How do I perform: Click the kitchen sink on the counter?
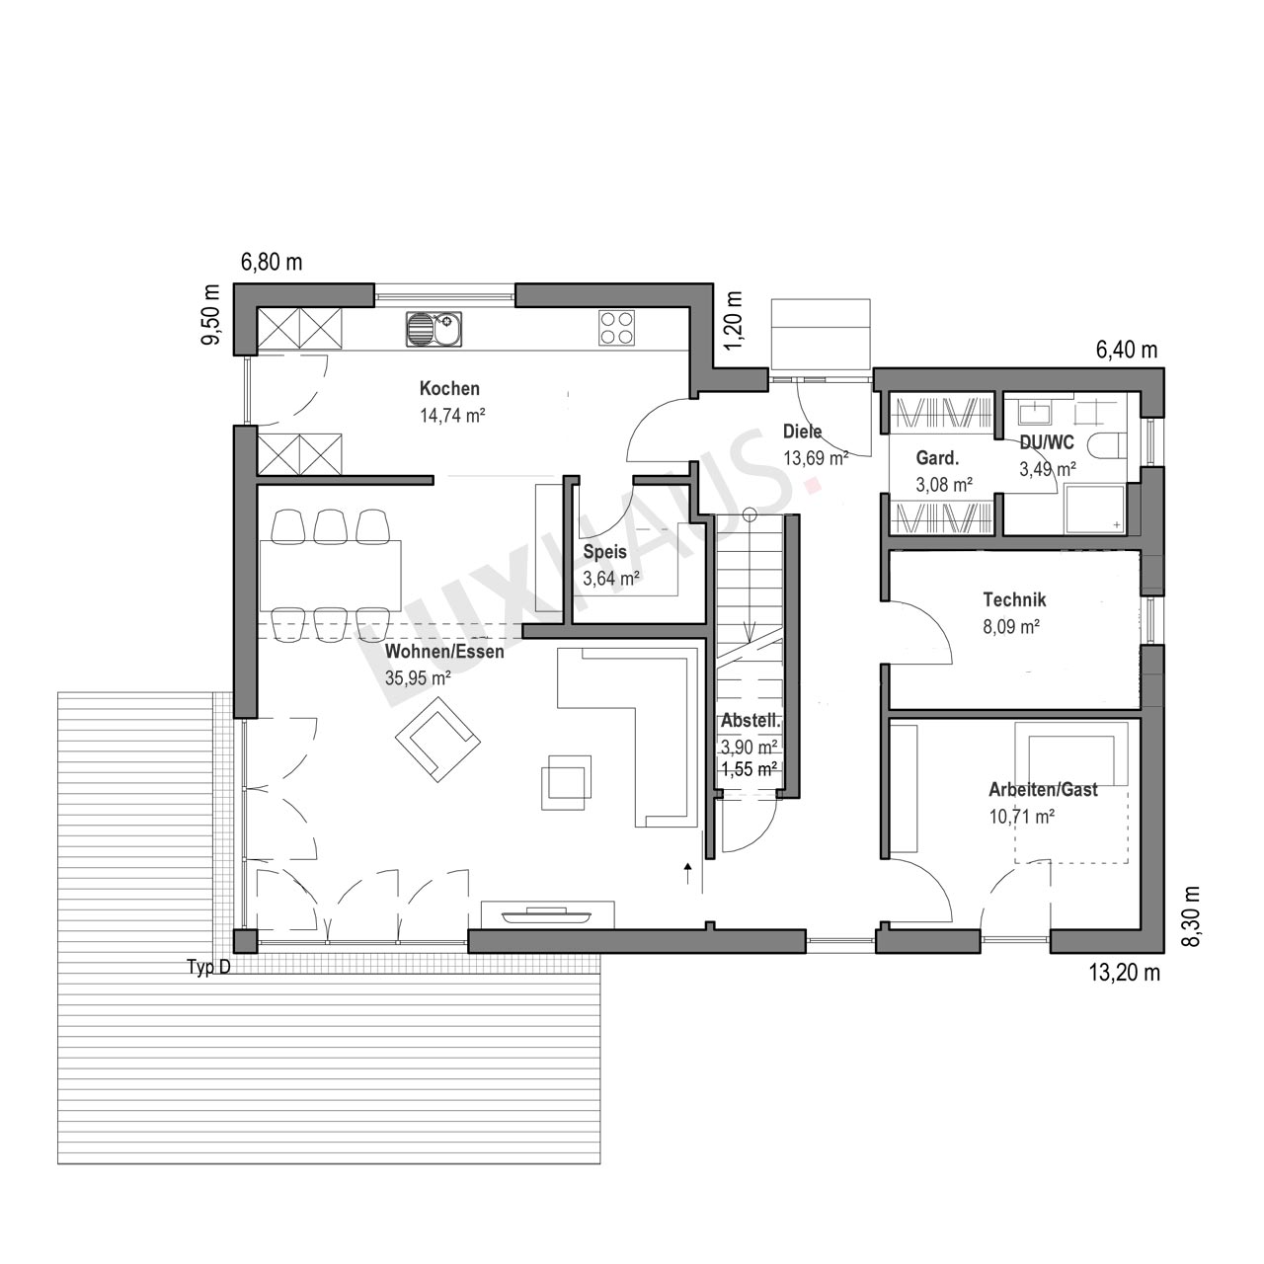pos(434,329)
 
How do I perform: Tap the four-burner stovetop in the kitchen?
pos(616,328)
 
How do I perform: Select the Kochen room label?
pos(449,388)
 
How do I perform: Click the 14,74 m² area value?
pos(452,415)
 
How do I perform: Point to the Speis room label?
pos(604,552)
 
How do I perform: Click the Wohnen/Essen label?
pos(444,652)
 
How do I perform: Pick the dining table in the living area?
pos(331,576)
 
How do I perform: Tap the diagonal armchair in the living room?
pos(437,740)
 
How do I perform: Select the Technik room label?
pos(1014,599)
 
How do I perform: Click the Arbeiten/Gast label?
pos(1043,790)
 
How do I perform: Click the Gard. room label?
pos(937,458)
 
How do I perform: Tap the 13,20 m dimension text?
pos(1125,973)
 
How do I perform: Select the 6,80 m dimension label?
pos(272,263)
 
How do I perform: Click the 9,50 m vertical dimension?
pos(211,318)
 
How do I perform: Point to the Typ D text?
pos(208,967)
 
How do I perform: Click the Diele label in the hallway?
pos(802,431)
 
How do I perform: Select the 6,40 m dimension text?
pos(1127,351)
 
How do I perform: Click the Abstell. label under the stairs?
pos(751,722)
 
